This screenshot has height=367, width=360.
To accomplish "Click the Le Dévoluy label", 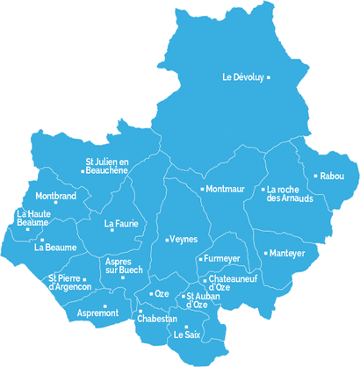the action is click(242, 77).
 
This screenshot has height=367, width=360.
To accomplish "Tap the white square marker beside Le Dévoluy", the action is click(269, 77).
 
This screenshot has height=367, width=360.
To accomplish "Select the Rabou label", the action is click(333, 176).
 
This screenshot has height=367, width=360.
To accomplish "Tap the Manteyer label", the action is click(286, 253).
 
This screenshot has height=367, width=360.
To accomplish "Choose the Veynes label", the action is click(184, 240).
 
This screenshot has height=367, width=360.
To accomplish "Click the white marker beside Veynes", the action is click(167, 240).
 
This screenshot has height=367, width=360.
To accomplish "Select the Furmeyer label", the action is click(222, 259).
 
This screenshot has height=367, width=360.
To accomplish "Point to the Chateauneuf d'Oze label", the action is click(232, 283).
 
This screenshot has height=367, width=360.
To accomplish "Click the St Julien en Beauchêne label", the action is click(107, 166).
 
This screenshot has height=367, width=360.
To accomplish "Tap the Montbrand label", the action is click(56, 196).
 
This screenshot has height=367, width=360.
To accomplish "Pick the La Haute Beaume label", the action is click(33, 219).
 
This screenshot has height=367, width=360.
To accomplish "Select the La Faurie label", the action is click(122, 224).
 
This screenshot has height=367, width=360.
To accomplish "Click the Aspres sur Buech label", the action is click(124, 266).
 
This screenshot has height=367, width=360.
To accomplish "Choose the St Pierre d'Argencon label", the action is click(69, 283).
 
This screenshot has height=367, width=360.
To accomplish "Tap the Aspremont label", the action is click(97, 313).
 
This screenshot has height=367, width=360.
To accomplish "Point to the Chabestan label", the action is click(157, 320).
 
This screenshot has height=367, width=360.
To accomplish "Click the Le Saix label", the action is click(187, 335).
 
